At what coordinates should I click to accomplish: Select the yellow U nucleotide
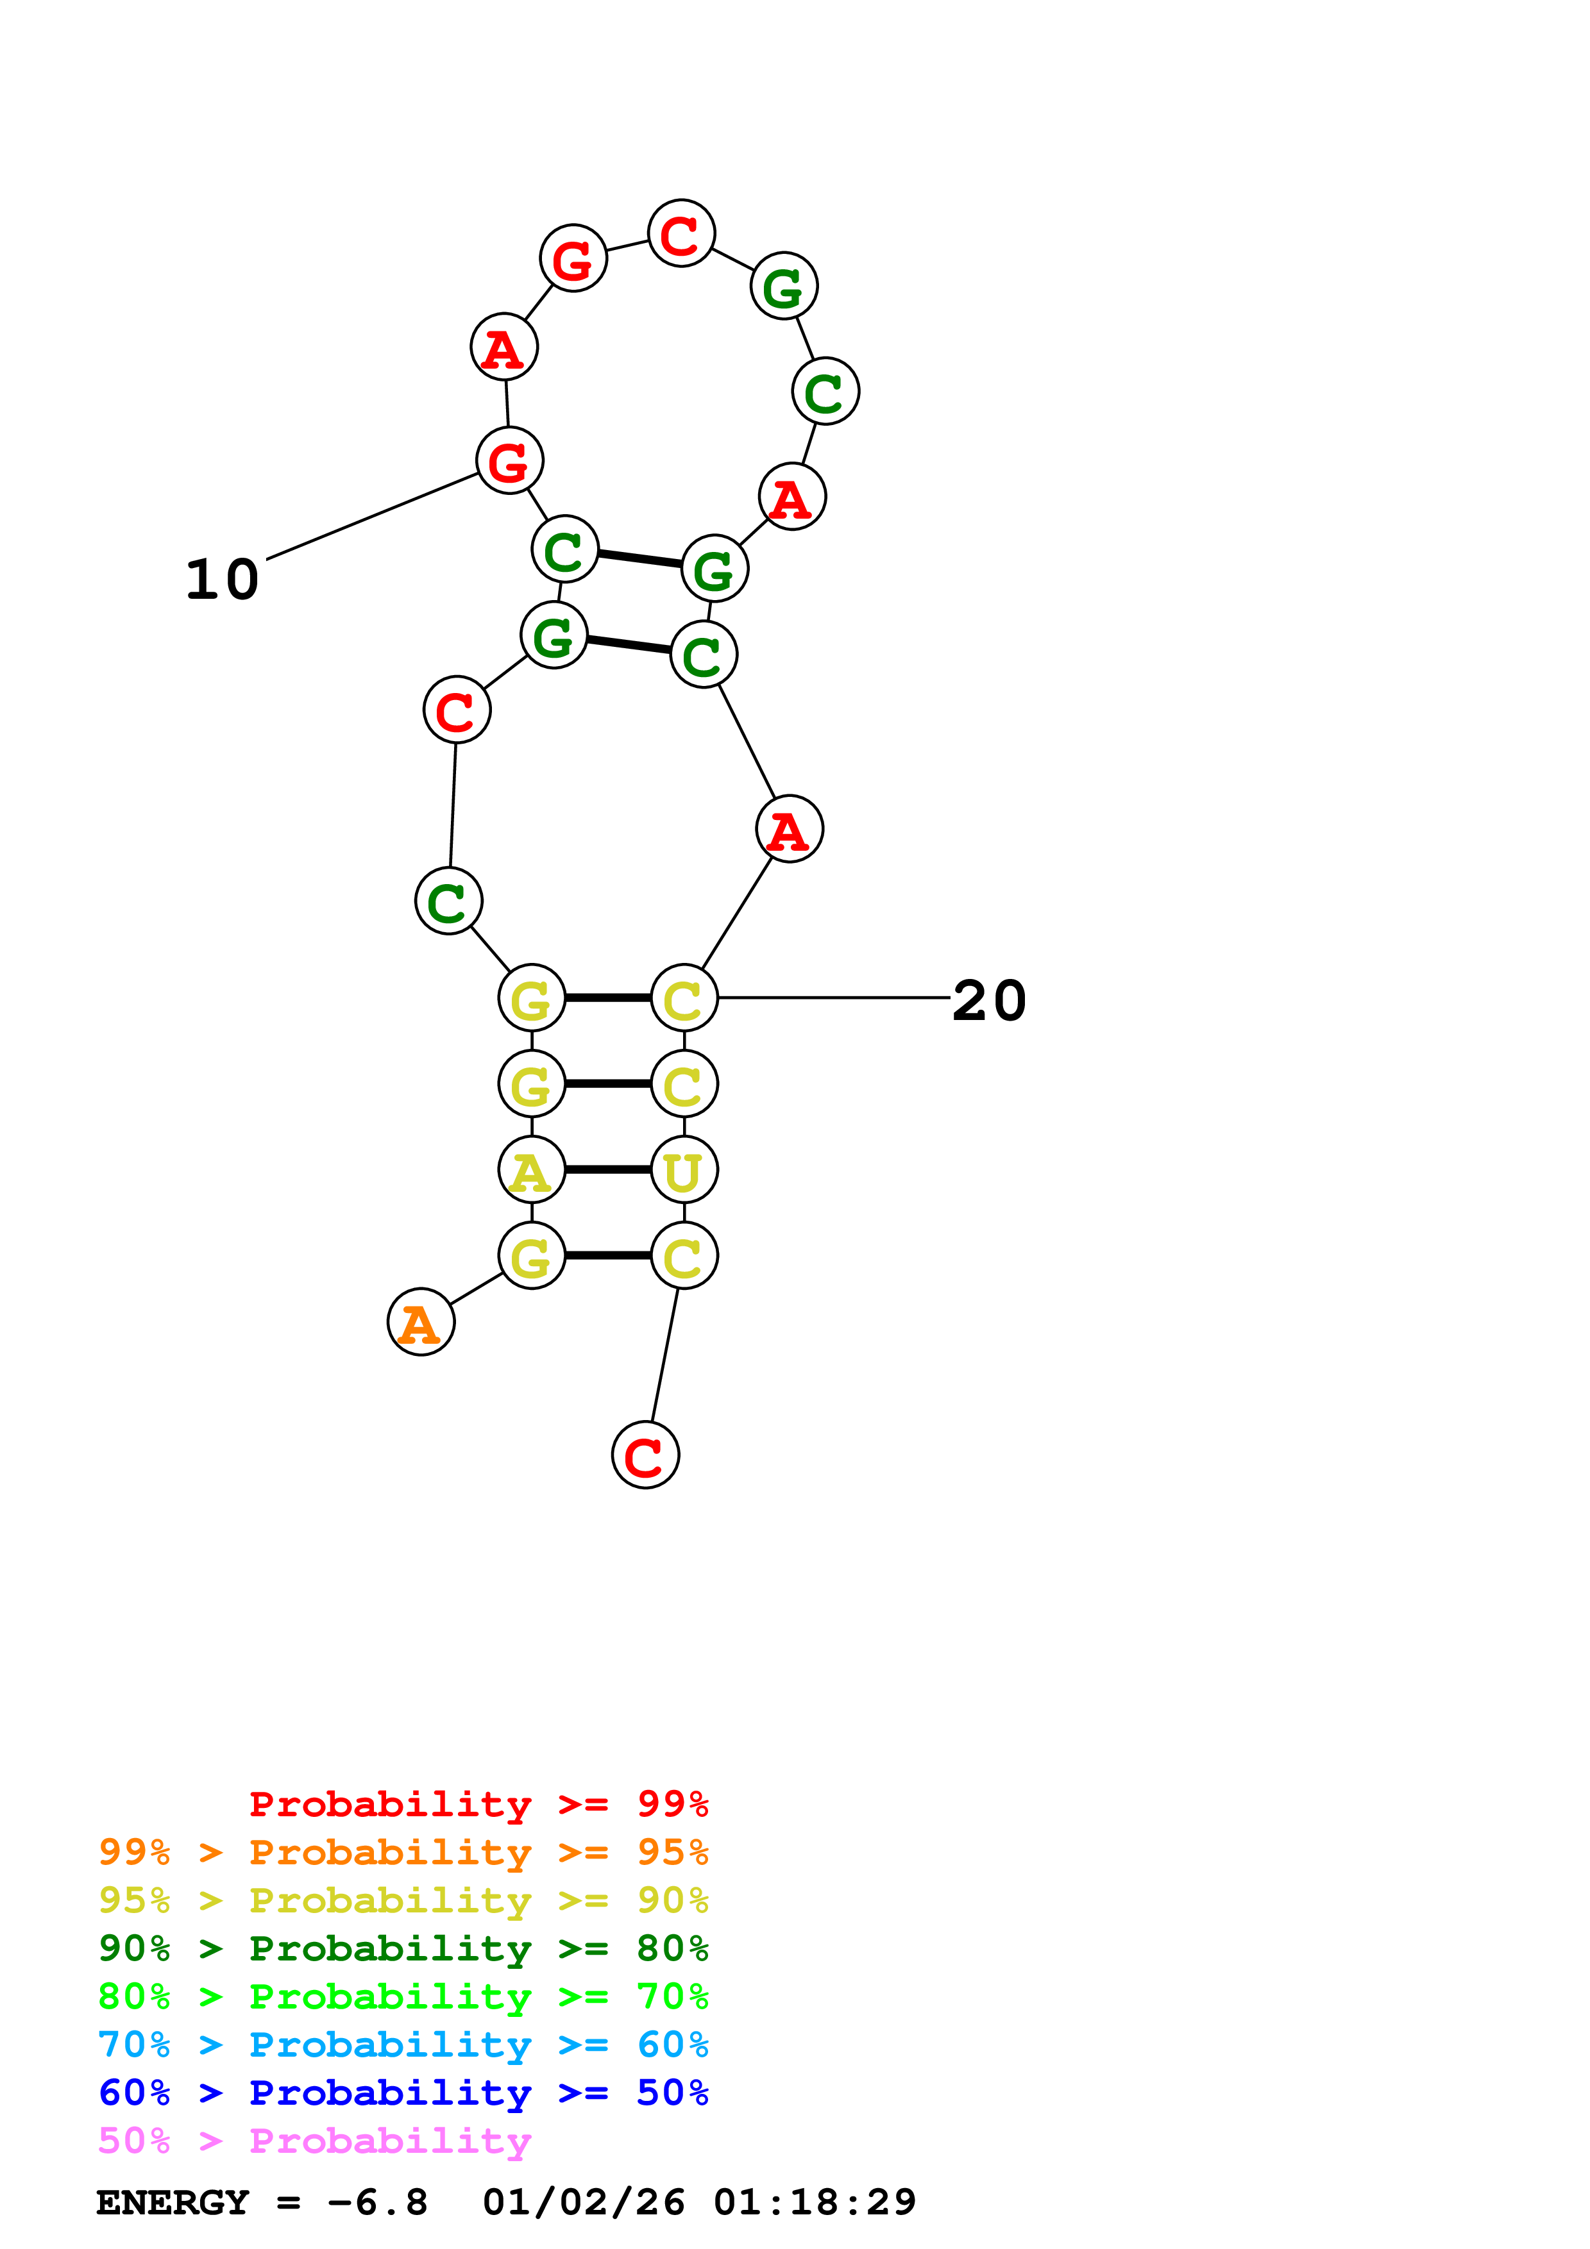point(684,1169)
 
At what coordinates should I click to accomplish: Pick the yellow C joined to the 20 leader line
point(684,998)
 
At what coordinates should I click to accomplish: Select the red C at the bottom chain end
point(645,1455)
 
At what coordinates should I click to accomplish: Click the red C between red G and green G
point(681,233)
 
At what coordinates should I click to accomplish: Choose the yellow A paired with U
point(531,1169)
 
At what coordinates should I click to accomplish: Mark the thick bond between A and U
point(607,1169)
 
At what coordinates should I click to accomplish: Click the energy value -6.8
point(377,2202)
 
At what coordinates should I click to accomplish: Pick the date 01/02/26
point(584,2202)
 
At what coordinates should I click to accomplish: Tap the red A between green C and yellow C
point(789,830)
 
